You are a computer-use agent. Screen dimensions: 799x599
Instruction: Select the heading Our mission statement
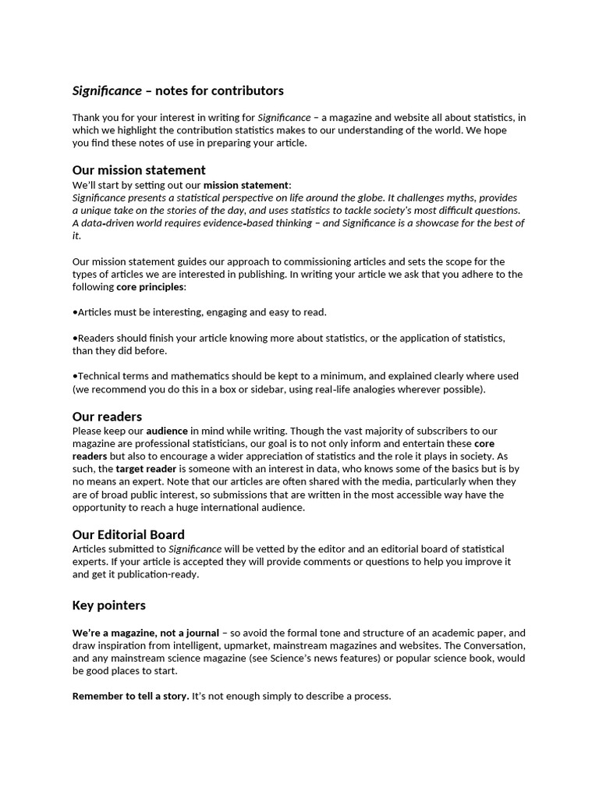pyautogui.click(x=139, y=170)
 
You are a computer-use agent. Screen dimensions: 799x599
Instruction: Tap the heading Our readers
pyautogui.click(x=107, y=417)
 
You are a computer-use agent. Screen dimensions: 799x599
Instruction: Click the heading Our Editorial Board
pyautogui.click(x=128, y=534)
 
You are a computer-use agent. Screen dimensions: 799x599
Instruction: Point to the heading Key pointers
pyautogui.click(x=108, y=605)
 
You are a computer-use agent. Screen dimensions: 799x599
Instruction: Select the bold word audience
pyautogui.click(x=167, y=431)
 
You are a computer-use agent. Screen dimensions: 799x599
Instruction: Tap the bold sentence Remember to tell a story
pyautogui.click(x=130, y=696)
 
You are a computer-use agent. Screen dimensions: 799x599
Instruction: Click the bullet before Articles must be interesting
pyautogui.click(x=75, y=312)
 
